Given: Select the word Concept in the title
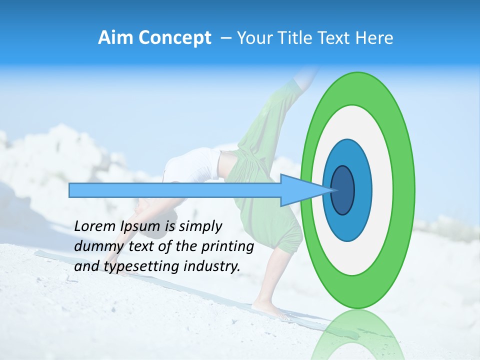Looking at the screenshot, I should point(174,38).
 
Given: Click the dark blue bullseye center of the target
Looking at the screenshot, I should point(343,190).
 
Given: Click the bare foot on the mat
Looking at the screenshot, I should point(270,309).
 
